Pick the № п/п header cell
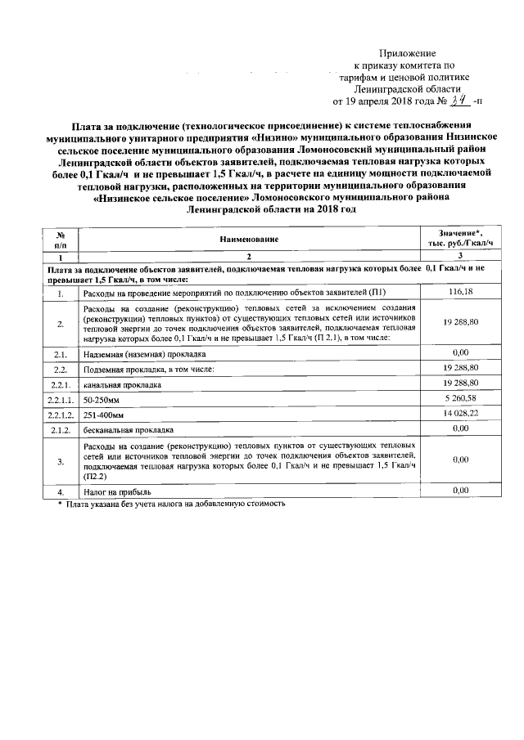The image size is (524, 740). coord(60,239)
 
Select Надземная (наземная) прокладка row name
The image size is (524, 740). coord(144,354)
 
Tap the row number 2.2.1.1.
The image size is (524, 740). coord(61,399)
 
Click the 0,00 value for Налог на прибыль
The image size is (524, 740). coord(459,491)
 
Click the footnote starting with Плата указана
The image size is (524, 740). coord(177,505)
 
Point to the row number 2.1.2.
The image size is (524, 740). coord(60,429)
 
